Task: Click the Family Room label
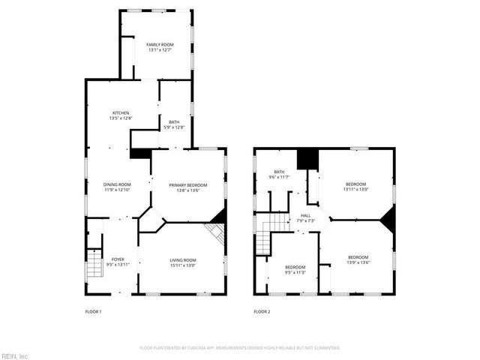tap(159, 46)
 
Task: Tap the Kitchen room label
tap(121, 112)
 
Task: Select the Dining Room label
tap(117, 184)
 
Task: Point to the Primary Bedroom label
tap(187, 184)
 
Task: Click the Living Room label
tap(182, 259)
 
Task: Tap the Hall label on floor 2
tap(306, 215)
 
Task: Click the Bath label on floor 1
tap(174, 122)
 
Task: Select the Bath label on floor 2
tap(279, 172)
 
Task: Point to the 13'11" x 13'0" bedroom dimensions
tap(355, 190)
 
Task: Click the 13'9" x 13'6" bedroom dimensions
tap(357, 262)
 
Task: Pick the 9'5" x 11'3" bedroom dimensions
tap(295, 273)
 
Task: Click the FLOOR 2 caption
tap(261, 311)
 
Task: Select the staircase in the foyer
tap(94, 264)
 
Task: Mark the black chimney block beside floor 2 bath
tap(307, 159)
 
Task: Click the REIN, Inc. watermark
tap(14, 355)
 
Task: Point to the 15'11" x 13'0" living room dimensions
tap(182, 265)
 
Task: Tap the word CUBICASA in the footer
tap(196, 348)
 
